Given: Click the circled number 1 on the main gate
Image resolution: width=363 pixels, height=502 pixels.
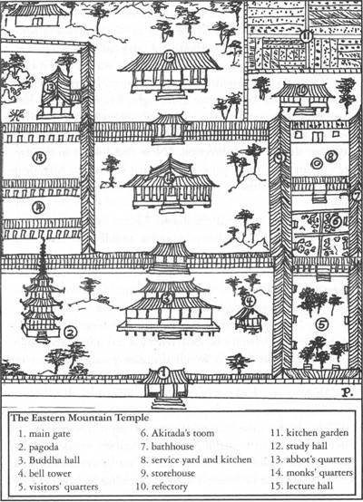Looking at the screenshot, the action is pyautogui.click(x=164, y=372).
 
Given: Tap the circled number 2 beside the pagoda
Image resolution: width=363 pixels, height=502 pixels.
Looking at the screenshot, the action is pyautogui.click(x=70, y=333).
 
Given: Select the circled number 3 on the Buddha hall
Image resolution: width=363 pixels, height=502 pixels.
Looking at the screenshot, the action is pyautogui.click(x=167, y=298).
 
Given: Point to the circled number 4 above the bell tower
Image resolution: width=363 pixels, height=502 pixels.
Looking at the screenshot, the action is pyautogui.click(x=250, y=301).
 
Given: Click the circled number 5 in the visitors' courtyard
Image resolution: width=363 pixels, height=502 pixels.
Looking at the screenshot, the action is pyautogui.click(x=322, y=325).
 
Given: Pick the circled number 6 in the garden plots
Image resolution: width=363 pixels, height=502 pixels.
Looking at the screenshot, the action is pyautogui.click(x=336, y=221).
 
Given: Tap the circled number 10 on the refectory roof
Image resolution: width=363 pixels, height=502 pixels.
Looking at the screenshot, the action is pyautogui.click(x=301, y=91).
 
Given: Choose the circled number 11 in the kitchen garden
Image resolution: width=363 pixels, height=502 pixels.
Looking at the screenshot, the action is pyautogui.click(x=306, y=36).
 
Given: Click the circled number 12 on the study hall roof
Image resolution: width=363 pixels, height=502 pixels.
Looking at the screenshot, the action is pyautogui.click(x=169, y=55).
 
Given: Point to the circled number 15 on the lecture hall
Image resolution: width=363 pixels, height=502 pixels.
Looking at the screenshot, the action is pyautogui.click(x=170, y=179).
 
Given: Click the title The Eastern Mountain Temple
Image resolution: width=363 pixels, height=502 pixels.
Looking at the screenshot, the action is pyautogui.click(x=80, y=418).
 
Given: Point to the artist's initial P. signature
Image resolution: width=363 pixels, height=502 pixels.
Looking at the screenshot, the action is pyautogui.click(x=347, y=392).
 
